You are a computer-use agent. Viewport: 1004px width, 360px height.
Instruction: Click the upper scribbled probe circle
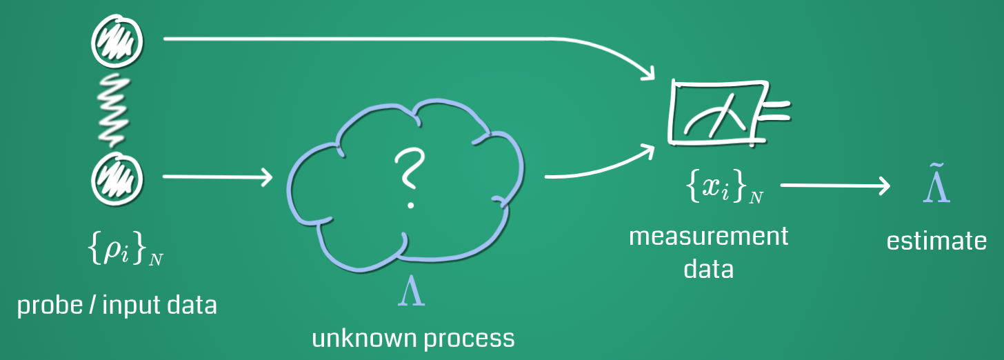118,41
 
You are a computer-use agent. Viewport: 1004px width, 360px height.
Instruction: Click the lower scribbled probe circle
118,177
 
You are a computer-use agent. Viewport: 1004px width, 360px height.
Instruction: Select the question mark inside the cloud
408,178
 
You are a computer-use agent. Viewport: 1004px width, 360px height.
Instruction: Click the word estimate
936,241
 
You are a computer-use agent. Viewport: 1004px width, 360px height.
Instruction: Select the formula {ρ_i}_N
126,251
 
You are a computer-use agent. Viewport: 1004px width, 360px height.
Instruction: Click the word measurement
708,237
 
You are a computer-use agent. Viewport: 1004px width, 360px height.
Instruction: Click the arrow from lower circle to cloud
217,178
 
